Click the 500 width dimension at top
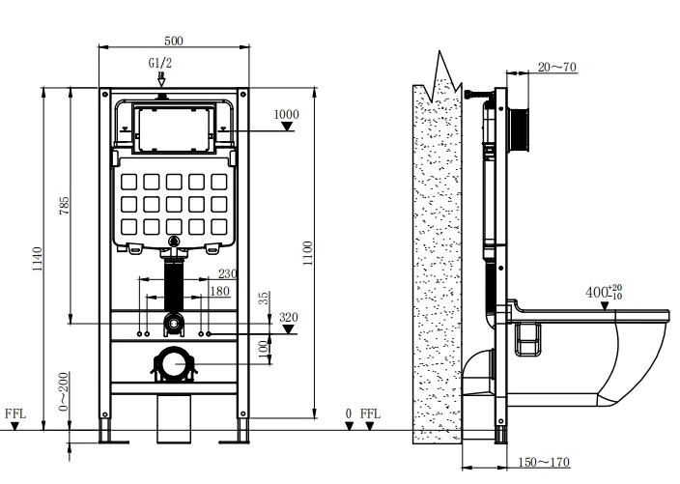(x=174, y=41)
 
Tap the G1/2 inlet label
(x=160, y=64)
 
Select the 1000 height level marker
(x=286, y=114)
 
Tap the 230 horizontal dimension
(x=227, y=274)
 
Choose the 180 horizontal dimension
(x=219, y=291)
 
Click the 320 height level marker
(x=289, y=317)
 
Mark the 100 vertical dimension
(x=262, y=347)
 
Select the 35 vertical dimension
(x=262, y=299)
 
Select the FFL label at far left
(x=15, y=413)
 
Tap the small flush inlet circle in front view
(x=174, y=321)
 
